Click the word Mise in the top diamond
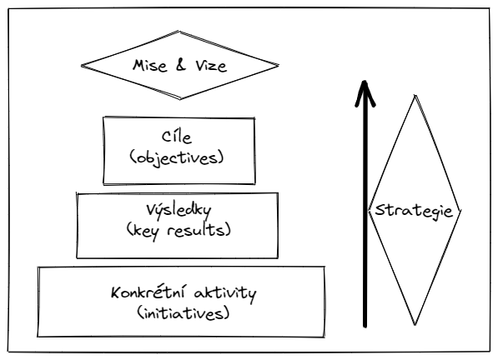(x=149, y=66)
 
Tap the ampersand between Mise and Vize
(x=181, y=65)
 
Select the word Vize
(x=211, y=66)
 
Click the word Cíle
(x=177, y=137)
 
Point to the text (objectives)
(x=177, y=157)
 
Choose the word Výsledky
(x=179, y=210)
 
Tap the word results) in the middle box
(x=199, y=230)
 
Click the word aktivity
(x=225, y=293)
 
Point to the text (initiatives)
(x=184, y=313)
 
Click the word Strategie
(x=414, y=211)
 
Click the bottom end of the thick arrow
(x=365, y=326)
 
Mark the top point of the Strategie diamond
(x=415, y=95)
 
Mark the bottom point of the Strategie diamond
(x=415, y=324)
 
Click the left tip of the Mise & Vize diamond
(x=82, y=66)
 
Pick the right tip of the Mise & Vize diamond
(x=279, y=65)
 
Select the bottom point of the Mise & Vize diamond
(x=180, y=99)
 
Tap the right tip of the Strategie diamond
(x=460, y=210)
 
